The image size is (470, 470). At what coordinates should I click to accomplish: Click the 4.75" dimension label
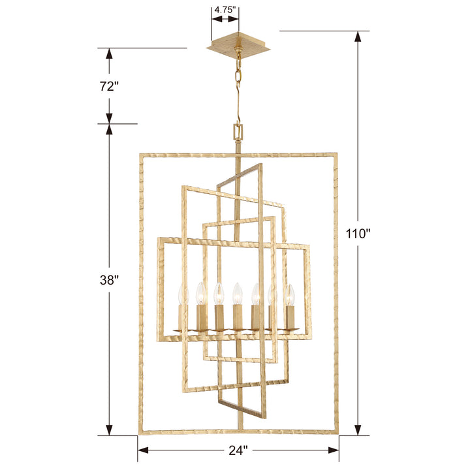pyautogui.click(x=224, y=11)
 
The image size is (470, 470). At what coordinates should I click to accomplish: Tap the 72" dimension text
pyautogui.click(x=109, y=86)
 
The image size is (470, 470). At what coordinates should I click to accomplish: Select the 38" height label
pyautogui.click(x=109, y=280)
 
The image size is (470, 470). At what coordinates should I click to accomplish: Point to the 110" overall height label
pyautogui.click(x=358, y=234)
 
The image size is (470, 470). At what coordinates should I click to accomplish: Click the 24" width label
pyautogui.click(x=238, y=450)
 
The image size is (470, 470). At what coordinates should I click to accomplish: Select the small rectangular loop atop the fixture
pyautogui.click(x=239, y=133)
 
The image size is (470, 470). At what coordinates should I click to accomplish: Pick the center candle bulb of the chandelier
pyautogui.click(x=238, y=290)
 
